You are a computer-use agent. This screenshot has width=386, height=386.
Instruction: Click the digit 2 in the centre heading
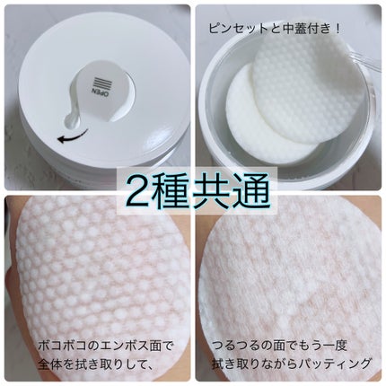pyautogui.click(x=136, y=191)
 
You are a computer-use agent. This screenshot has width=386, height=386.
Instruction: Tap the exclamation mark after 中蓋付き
pyautogui.click(x=337, y=30)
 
